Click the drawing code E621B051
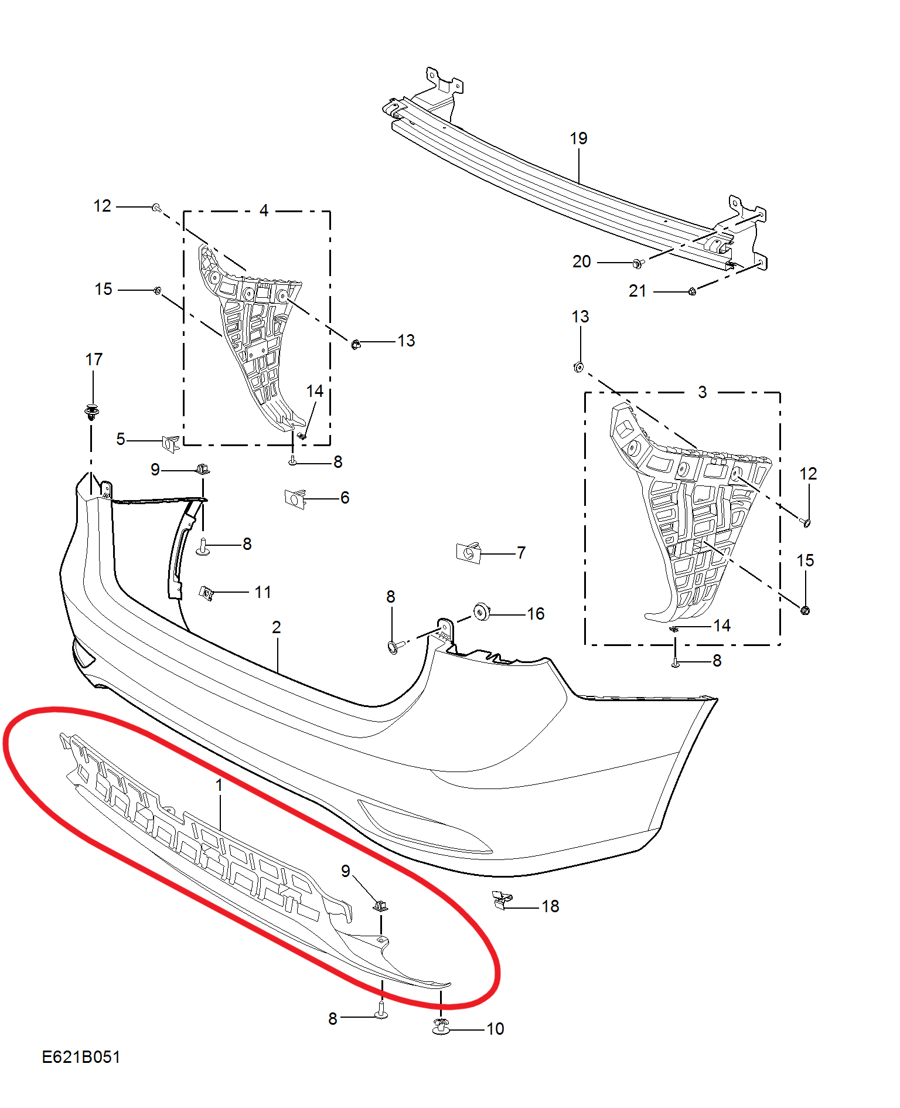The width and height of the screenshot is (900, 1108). click(x=81, y=1057)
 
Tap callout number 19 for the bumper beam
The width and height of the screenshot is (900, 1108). click(x=578, y=138)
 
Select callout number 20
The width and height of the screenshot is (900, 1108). click(x=581, y=261)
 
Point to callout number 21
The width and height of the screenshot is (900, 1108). click(x=637, y=291)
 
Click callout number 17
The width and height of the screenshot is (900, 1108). click(x=94, y=359)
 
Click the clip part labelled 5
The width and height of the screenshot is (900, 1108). click(x=171, y=444)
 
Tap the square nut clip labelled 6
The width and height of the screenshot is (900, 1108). click(x=295, y=499)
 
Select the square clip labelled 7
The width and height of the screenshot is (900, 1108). click(x=469, y=552)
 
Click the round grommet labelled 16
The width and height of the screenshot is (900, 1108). click(x=481, y=612)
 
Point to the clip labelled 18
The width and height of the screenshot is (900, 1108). click(x=503, y=900)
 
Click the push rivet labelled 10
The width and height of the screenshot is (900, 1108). click(x=441, y=1027)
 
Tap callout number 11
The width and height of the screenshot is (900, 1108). click(x=263, y=592)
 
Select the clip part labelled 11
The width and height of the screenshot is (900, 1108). click(x=206, y=593)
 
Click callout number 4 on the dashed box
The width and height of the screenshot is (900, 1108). click(x=264, y=210)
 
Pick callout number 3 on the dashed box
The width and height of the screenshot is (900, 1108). click(x=703, y=392)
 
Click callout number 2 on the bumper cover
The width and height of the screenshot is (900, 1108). click(x=277, y=627)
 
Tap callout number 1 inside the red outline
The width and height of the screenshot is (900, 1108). click(x=219, y=785)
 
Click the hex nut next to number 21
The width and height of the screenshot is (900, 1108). click(x=692, y=291)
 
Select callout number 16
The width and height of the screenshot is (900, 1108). click(x=536, y=614)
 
